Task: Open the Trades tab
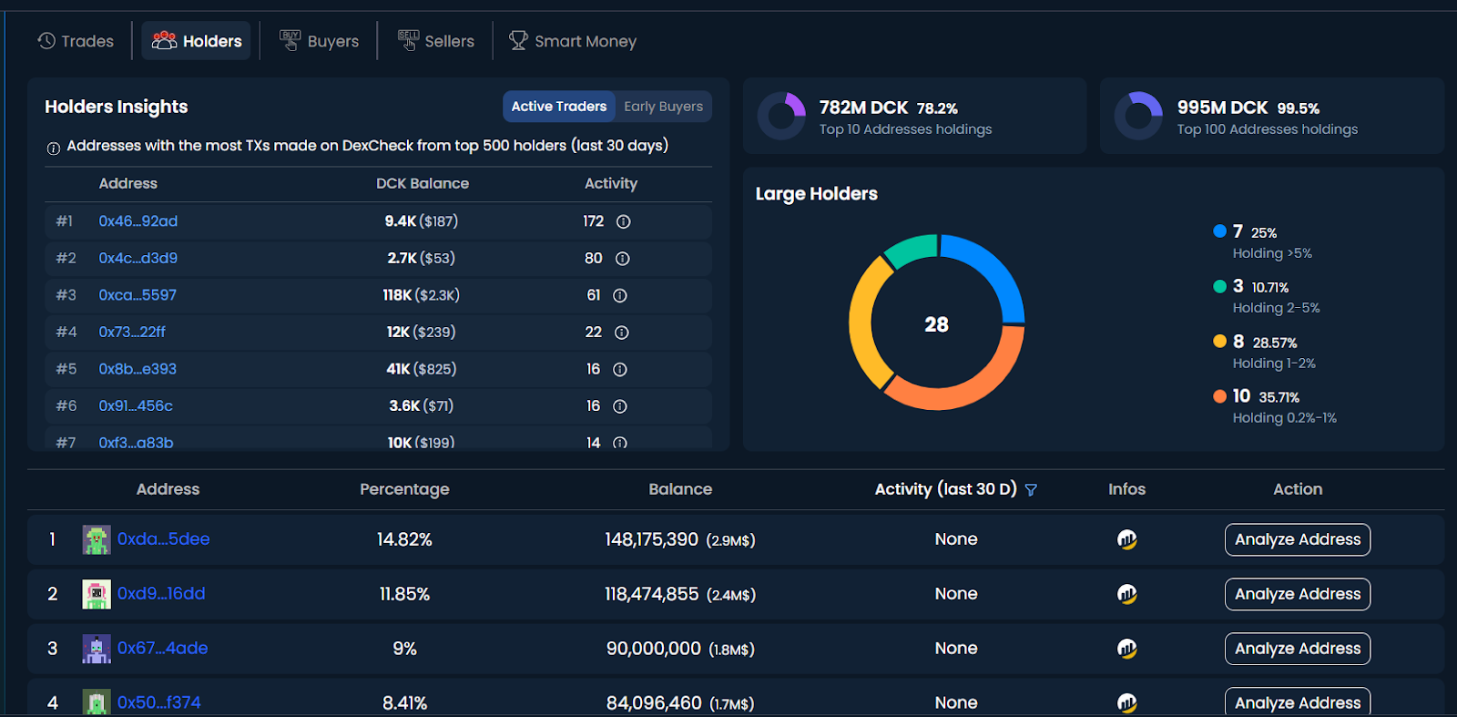[x=76, y=41]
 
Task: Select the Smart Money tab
[x=573, y=41]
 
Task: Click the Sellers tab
[x=436, y=41]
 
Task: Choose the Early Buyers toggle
[x=663, y=107]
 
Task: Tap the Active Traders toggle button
[x=558, y=107]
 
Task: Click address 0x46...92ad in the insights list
[x=138, y=221]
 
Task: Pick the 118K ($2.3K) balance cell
[x=421, y=295]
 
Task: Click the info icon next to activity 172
[x=624, y=221]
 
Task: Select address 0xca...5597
[x=138, y=295]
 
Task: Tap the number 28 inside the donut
[x=936, y=324]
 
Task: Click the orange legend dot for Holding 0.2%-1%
[x=1219, y=396]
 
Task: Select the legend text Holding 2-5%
[x=1276, y=308]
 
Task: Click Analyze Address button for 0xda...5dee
[x=1297, y=539]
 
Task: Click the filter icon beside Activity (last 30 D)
[x=1031, y=490]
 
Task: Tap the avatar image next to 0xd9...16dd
[x=97, y=594]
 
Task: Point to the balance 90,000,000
[x=654, y=649]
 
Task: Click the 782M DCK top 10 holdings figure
[x=863, y=108]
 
